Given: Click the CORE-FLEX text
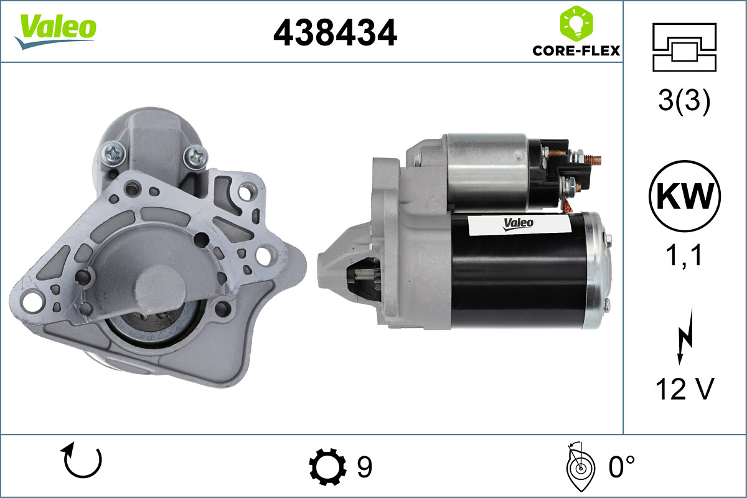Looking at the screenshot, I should point(576,50).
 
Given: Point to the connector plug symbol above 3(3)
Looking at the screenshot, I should point(684,47).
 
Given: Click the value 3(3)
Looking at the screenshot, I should point(684,102).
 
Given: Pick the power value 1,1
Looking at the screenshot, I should point(684,255).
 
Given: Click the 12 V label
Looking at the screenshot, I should point(684,389).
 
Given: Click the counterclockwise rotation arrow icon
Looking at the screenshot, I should point(83,461).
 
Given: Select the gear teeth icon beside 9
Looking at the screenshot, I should point(327,467).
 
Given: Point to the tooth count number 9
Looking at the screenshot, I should point(364,467).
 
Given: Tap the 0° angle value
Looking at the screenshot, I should point(621,467).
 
